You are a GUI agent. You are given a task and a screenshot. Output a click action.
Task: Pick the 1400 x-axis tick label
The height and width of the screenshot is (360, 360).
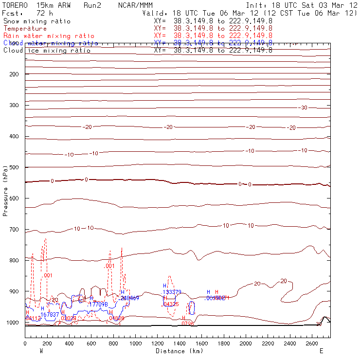(180, 344)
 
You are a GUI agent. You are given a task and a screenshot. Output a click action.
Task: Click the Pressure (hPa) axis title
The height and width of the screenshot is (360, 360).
(6, 190)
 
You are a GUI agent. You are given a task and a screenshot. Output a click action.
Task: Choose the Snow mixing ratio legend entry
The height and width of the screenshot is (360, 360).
(37, 21)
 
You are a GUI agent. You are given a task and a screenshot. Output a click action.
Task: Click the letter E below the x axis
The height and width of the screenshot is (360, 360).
(321, 351)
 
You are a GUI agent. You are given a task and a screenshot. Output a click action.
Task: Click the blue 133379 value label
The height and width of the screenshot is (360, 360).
(172, 292)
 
